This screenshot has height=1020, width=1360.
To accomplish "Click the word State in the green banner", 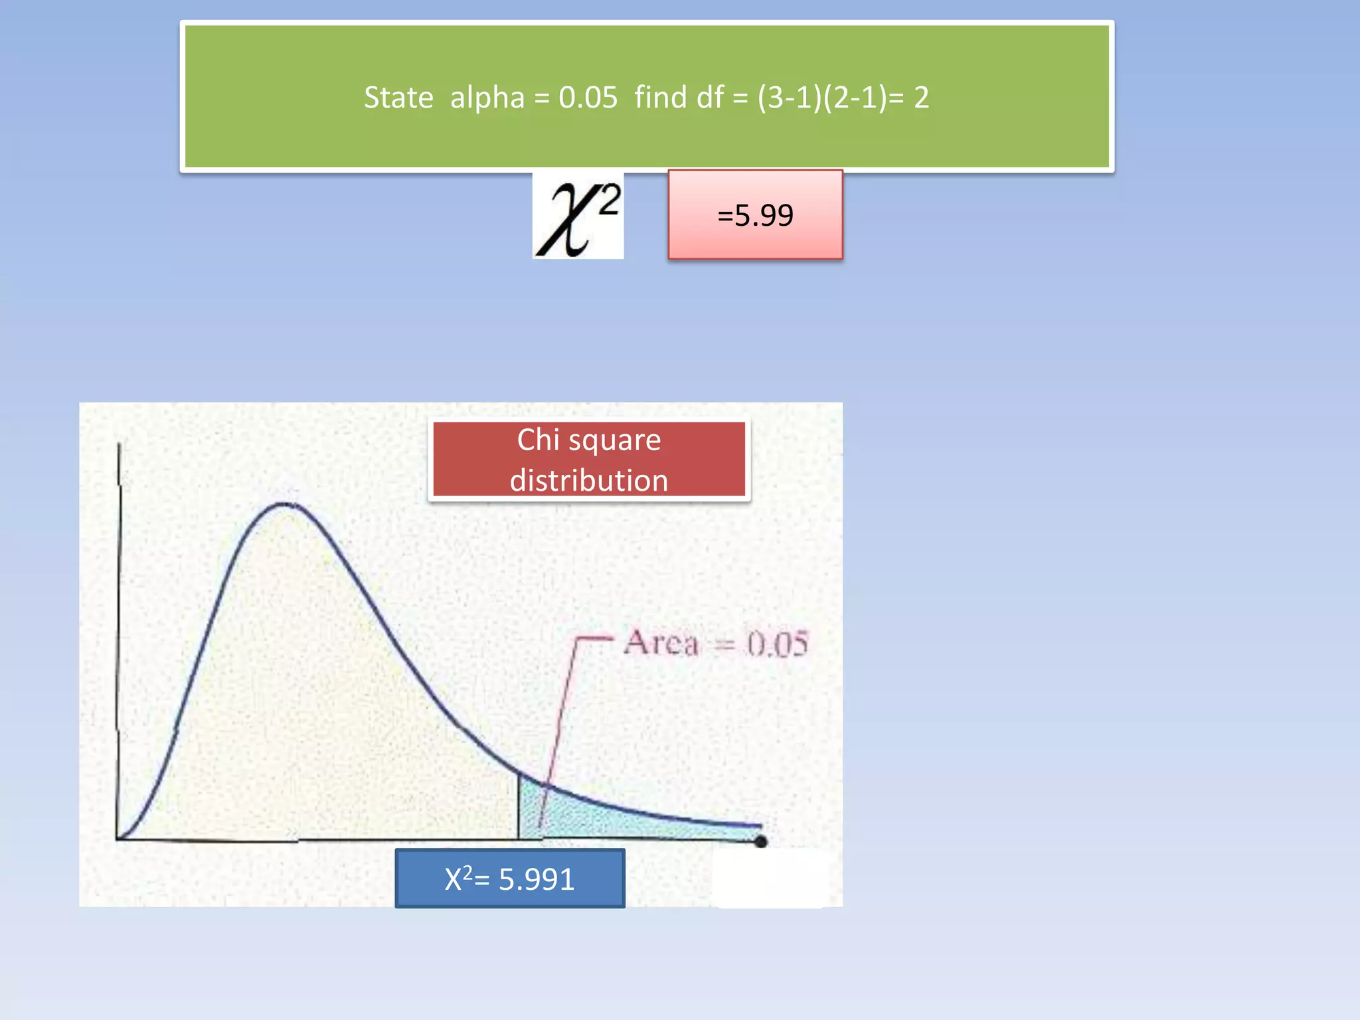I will click(398, 98).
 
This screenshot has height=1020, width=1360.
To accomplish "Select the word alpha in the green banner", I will click(487, 98).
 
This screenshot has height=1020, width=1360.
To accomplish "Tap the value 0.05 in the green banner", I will click(588, 98).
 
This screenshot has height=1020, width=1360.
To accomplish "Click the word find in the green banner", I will click(660, 98).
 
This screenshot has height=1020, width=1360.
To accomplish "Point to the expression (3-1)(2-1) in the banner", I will click(822, 98).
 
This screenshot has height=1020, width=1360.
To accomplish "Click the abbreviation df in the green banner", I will click(710, 98).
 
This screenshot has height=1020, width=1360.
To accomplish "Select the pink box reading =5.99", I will click(755, 215).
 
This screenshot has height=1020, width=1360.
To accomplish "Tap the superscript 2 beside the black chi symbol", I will click(609, 199).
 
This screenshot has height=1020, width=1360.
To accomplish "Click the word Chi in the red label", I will click(538, 440).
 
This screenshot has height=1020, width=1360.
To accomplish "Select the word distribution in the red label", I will click(588, 480).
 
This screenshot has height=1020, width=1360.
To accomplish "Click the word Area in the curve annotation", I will click(661, 643).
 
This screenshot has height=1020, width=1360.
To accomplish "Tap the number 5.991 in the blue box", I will click(536, 879).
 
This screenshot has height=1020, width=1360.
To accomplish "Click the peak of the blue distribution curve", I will click(286, 504).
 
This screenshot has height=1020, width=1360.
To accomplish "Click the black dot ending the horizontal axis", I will click(761, 841).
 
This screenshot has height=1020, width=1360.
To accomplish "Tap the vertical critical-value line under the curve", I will click(519, 807).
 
